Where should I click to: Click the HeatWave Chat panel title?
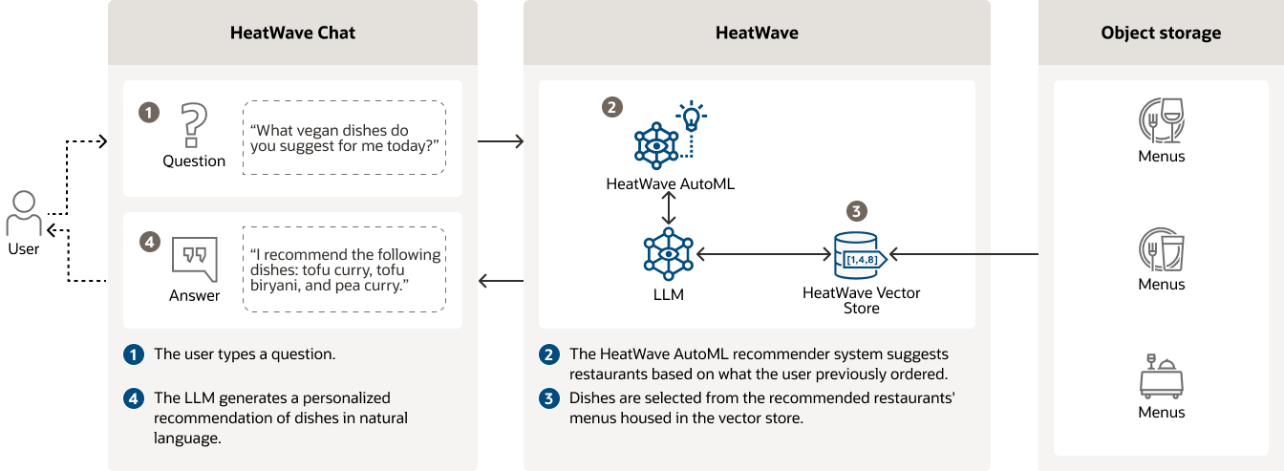point(292,32)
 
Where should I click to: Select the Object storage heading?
point(1161,32)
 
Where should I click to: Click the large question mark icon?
point(194,124)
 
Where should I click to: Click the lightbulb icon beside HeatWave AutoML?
point(690,117)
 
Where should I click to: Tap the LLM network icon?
point(669,254)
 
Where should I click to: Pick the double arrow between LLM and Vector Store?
point(761,255)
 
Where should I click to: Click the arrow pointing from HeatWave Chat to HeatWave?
point(501,142)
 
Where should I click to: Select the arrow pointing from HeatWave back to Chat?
point(501,281)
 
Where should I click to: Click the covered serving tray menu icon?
point(1161,376)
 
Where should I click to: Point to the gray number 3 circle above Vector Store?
point(858,211)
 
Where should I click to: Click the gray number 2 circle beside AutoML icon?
point(612,108)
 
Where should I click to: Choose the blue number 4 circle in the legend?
point(134,398)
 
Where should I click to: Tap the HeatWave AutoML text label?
point(670,183)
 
